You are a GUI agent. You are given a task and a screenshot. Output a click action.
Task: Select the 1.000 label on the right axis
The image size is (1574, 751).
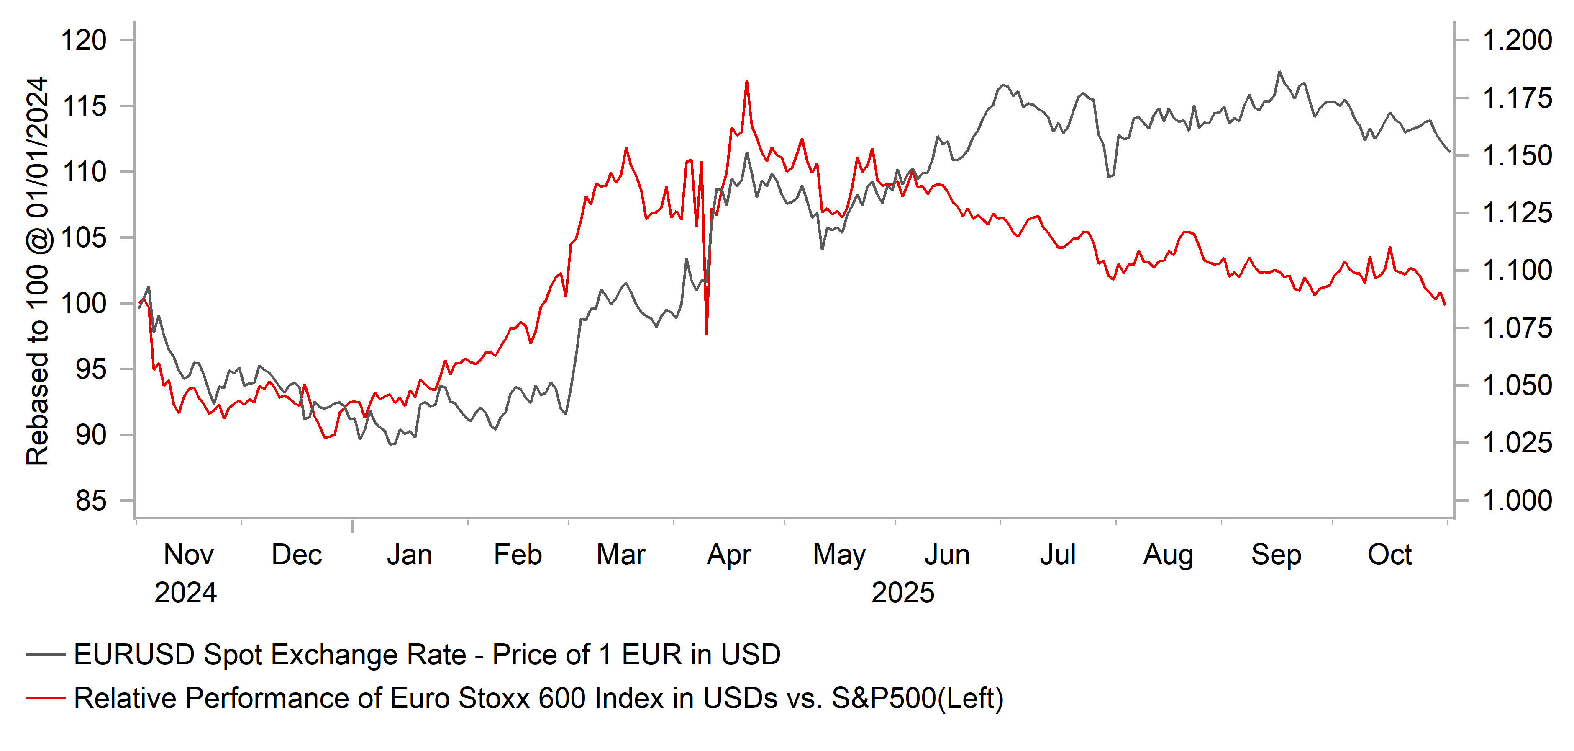[1517, 501]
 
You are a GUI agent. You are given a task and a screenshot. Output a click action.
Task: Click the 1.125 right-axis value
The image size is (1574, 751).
[1517, 213]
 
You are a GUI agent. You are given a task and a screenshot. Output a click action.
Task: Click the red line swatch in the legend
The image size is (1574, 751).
[46, 698]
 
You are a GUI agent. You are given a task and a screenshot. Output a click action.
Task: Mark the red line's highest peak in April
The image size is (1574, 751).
[747, 81]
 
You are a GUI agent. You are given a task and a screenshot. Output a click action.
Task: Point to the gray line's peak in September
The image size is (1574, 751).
[1279, 72]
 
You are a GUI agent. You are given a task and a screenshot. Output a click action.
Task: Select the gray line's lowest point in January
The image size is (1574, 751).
[391, 444]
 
